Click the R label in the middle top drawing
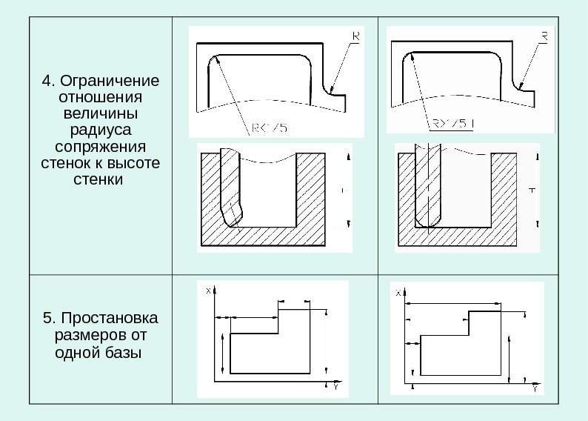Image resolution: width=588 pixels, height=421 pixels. [356, 35]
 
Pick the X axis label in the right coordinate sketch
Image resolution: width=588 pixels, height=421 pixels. [399, 293]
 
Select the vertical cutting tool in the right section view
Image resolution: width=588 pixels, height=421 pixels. [428, 189]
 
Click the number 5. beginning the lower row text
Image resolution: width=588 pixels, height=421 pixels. [49, 319]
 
